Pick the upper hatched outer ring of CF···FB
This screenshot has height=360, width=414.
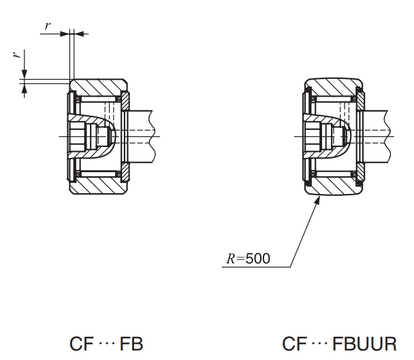click(99, 88)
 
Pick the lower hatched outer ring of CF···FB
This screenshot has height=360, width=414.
click(99, 182)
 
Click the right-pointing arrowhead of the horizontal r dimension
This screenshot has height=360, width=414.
click(67, 32)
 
